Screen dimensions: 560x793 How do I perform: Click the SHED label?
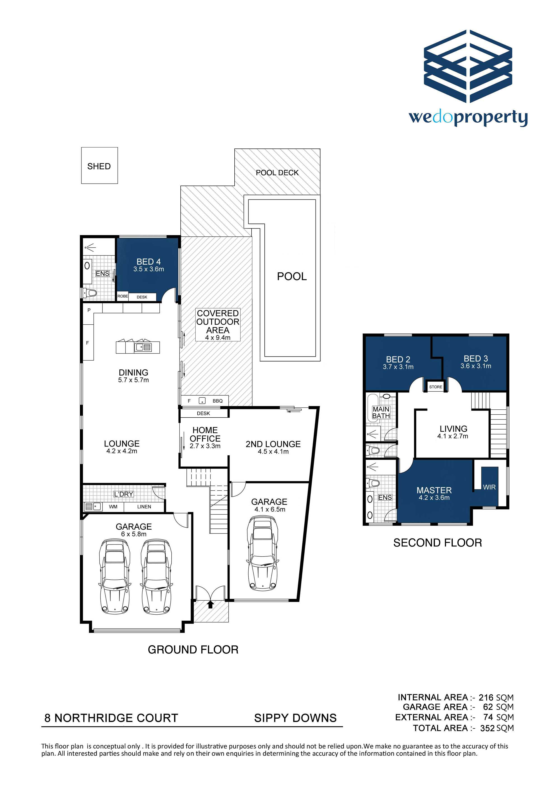tap(99, 166)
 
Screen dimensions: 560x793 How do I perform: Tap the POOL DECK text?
tap(277, 173)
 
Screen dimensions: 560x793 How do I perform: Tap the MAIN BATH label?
tap(381, 412)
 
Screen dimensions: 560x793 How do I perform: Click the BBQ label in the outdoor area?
tap(218, 401)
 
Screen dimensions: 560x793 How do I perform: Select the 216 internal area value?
tap(486, 698)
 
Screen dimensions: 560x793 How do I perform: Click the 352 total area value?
tap(487, 728)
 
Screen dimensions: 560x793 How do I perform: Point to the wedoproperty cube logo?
tap(468, 66)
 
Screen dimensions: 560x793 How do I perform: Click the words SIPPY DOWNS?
tap(295, 718)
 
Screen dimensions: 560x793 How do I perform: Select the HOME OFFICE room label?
tap(205, 434)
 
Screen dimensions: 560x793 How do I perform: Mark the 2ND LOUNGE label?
tap(273, 444)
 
